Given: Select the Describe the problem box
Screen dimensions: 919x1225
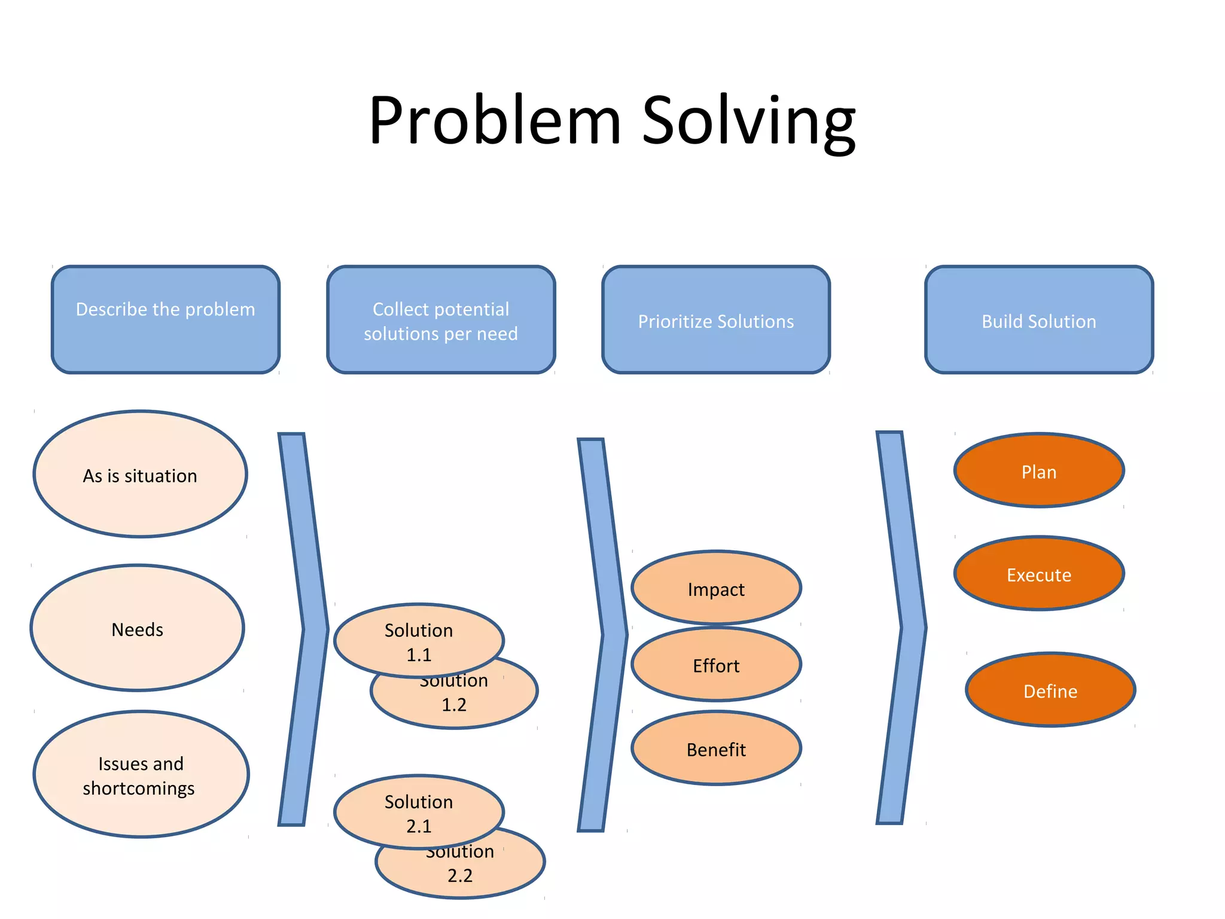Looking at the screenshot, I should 166,319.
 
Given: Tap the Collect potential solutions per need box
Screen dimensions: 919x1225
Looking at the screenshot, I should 441,319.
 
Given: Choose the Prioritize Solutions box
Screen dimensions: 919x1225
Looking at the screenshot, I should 716,319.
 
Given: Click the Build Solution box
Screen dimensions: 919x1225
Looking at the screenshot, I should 1039,319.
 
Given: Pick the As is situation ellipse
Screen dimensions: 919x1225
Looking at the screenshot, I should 140,474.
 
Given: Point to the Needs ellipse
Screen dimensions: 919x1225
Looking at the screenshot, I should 138,628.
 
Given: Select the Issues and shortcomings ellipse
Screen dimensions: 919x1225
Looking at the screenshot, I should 141,774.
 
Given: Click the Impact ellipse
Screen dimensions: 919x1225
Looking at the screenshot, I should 716,588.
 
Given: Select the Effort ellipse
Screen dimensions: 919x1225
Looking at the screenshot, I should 716,664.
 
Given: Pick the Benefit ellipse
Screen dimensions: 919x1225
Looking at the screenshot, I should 716,748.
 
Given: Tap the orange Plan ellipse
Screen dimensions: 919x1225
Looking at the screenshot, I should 1039,470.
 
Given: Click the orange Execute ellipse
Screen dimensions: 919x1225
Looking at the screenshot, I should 1039,573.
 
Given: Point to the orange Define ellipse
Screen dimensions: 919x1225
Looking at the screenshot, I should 1050,690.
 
